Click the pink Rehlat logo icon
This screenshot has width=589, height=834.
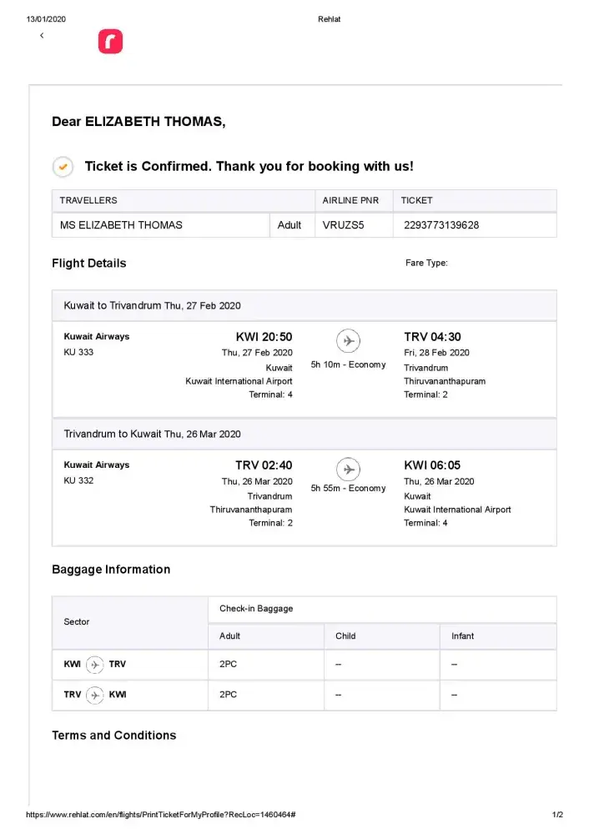pyautogui.click(x=110, y=42)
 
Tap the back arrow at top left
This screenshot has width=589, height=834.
pyautogui.click(x=42, y=36)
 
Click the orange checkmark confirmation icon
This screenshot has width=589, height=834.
pyautogui.click(x=63, y=167)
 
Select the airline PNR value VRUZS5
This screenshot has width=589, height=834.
pyautogui.click(x=344, y=225)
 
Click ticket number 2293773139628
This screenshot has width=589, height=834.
pyautogui.click(x=440, y=225)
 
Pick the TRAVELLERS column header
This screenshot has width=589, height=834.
pyautogui.click(x=88, y=201)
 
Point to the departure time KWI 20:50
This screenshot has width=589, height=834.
pyautogui.click(x=264, y=338)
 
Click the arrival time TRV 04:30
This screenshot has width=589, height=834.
pyautogui.click(x=432, y=338)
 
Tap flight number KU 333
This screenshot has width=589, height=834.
pyautogui.click(x=79, y=353)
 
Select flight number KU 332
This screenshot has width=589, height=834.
pyautogui.click(x=79, y=481)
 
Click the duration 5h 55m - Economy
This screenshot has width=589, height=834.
pyautogui.click(x=348, y=489)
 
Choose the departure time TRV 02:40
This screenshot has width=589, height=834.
pyautogui.click(x=264, y=465)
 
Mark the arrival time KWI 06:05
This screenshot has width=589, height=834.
pyautogui.click(x=432, y=465)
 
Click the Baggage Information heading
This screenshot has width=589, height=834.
pyautogui.click(x=111, y=570)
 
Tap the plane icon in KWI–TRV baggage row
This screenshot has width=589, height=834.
pyautogui.click(x=95, y=665)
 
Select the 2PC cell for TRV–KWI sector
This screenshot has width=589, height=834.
pyautogui.click(x=228, y=695)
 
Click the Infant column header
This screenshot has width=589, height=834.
pyautogui.click(x=462, y=636)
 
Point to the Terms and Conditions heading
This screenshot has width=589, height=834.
pyautogui.click(x=114, y=736)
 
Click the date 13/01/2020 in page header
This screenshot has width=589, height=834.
pyautogui.click(x=46, y=19)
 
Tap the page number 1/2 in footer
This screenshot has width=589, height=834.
pyautogui.click(x=557, y=815)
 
